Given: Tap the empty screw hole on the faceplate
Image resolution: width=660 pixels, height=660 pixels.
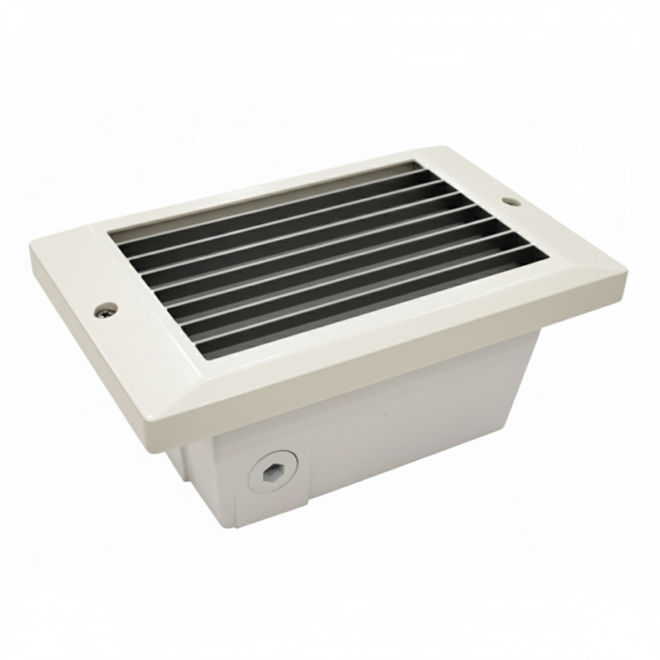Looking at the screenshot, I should (511, 202).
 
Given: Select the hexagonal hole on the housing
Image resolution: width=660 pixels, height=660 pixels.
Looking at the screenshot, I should (272, 474).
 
